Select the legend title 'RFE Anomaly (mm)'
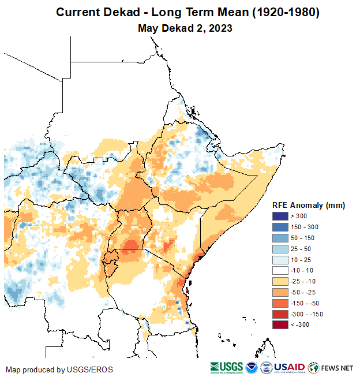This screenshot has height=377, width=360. (x=308, y=205)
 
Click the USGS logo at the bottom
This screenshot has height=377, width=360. (x=226, y=367)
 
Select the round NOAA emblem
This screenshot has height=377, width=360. (x=252, y=367)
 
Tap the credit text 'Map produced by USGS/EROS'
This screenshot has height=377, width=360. (x=59, y=369)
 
